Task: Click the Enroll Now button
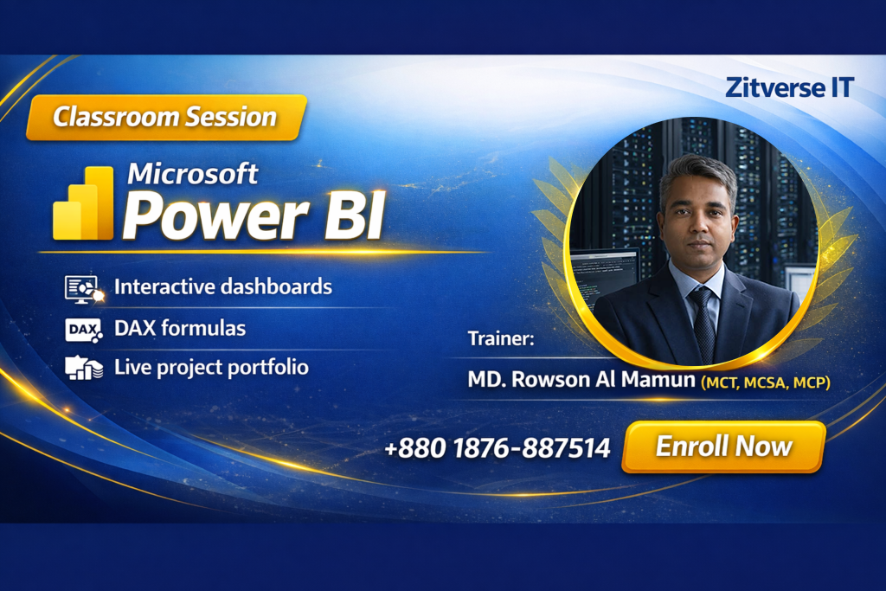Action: click(x=723, y=446)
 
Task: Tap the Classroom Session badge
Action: click(x=166, y=118)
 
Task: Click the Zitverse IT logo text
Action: click(x=789, y=87)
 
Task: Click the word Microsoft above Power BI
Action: click(x=193, y=173)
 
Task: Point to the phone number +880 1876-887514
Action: click(x=498, y=448)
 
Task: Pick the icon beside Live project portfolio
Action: click(x=84, y=368)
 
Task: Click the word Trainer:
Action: click(x=501, y=338)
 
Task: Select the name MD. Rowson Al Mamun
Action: click(x=581, y=379)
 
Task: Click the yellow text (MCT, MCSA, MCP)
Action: click(x=766, y=383)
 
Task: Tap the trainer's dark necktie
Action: click(x=704, y=324)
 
